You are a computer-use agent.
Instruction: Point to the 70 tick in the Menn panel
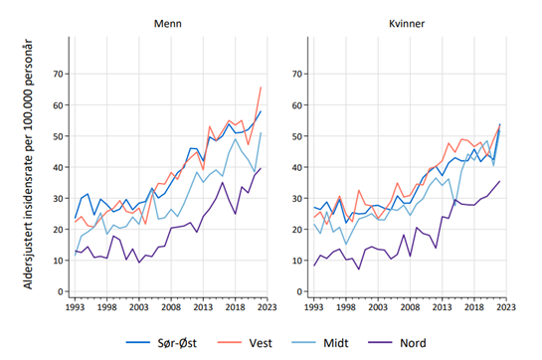tap(58, 74)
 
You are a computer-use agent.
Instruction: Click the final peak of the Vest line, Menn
tap(261, 88)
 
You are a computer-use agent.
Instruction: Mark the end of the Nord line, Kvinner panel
tap(499, 182)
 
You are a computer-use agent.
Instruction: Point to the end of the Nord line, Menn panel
tap(261, 169)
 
